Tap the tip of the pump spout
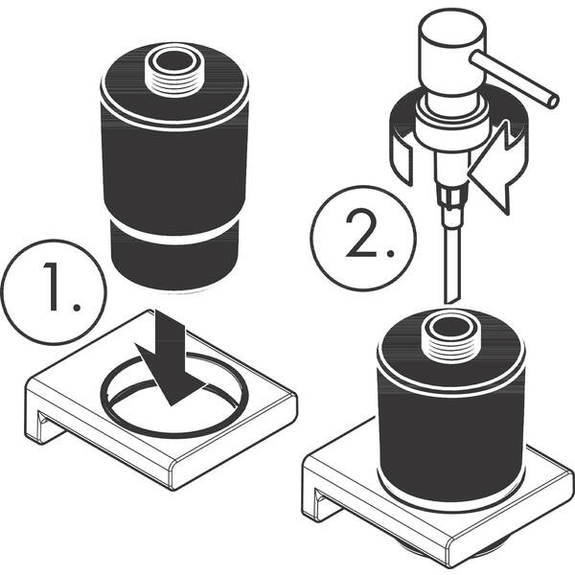point(552,98)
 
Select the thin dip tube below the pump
point(447,259)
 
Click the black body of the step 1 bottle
point(173,163)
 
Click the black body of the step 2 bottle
point(450,422)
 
